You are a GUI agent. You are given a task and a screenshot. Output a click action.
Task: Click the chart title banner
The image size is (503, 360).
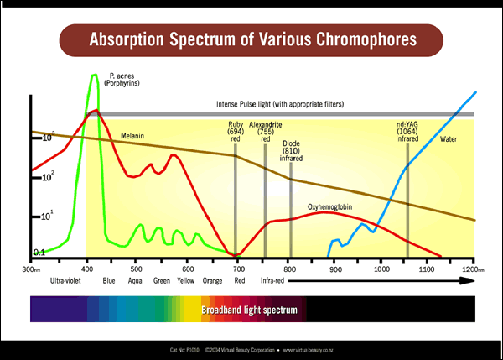tap(251, 39)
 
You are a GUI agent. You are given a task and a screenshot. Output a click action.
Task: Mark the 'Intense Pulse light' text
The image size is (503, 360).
tap(280, 104)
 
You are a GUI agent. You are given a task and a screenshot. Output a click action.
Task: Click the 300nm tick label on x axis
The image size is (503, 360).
tap(31, 269)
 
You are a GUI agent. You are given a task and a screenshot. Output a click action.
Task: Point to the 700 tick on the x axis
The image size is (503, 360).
tap(240, 269)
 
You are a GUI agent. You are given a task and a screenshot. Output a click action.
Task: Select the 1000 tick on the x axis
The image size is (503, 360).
tap(382, 269)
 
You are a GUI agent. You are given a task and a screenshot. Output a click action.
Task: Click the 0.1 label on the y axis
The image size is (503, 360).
tap(39, 252)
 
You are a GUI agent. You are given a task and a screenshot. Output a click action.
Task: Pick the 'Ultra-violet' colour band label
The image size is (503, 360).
tap(65, 281)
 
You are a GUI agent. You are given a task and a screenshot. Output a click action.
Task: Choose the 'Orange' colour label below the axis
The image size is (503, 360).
tap(212, 281)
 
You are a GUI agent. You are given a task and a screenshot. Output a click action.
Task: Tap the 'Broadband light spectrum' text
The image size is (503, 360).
tap(249, 310)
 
